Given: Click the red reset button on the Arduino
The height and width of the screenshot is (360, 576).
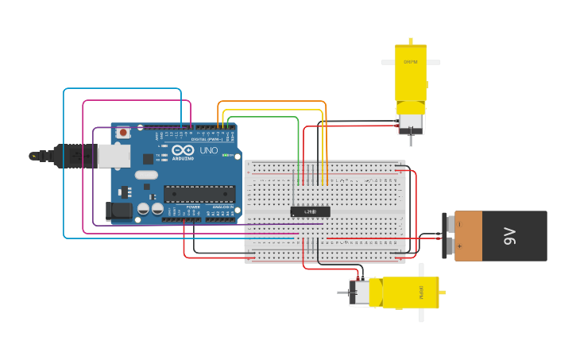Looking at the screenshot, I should click(x=123, y=133).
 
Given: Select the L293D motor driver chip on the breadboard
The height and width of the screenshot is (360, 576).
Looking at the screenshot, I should click(x=310, y=211).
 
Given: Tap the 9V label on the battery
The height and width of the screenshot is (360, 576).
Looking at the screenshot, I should click(x=508, y=236).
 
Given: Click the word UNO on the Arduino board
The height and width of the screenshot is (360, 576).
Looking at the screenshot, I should click(x=208, y=150).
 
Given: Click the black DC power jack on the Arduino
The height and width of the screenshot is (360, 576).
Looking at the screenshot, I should click(x=118, y=211).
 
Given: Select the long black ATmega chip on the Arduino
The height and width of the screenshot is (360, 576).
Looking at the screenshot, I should click(x=199, y=193).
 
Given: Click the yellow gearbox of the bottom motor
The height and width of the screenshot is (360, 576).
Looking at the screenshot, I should click(x=409, y=292).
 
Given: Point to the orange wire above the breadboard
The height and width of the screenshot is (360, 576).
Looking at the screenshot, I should click(x=270, y=102).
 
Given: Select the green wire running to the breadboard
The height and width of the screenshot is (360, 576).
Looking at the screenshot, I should click(x=262, y=117).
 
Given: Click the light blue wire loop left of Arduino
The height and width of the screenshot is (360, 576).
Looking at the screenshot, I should click(x=64, y=159).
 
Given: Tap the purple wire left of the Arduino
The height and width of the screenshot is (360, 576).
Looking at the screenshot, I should click(x=94, y=175).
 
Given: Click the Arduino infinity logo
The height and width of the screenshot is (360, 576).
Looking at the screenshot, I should click(x=183, y=150).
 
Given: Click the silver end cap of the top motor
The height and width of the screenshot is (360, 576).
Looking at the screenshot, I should click(x=410, y=122).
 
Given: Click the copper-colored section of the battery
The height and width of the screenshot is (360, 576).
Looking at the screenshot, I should click(x=469, y=236).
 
